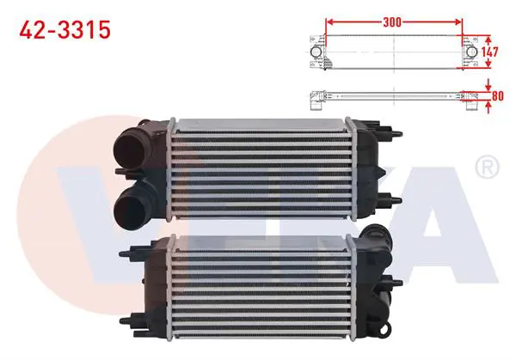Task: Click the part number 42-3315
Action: [x=64, y=29]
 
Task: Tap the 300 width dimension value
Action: [x=392, y=22]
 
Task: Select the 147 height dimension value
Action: [x=489, y=52]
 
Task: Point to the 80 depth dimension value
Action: [x=498, y=95]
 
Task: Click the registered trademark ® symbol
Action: [x=487, y=167]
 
